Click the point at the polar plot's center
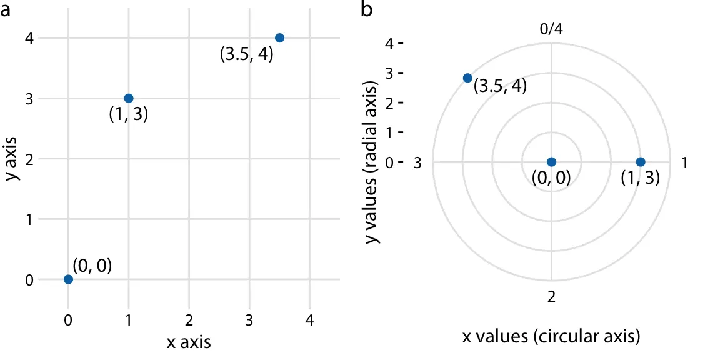point(551,162)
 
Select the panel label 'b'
point(368,11)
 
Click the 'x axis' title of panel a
point(189,342)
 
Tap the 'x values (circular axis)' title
point(551,337)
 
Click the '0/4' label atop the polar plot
point(551,29)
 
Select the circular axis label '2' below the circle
point(551,297)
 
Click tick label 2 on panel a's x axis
point(189,321)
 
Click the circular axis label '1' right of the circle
point(684,162)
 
